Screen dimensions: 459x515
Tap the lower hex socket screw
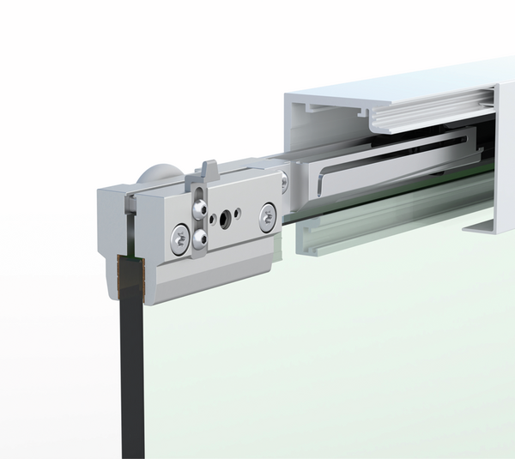[199, 238]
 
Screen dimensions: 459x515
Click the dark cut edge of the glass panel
[125, 369]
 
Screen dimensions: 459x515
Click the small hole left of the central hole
[213, 217]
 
